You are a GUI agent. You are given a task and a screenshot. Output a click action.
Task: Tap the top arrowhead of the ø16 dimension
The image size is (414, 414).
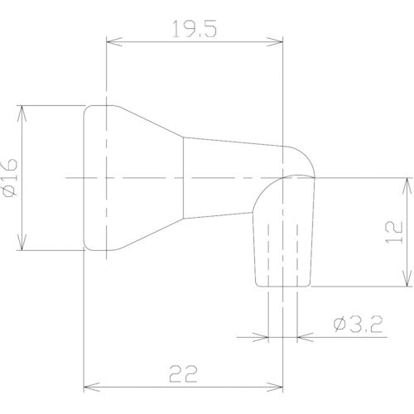23,109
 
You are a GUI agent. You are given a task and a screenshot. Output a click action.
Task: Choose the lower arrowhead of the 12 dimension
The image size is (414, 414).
407,282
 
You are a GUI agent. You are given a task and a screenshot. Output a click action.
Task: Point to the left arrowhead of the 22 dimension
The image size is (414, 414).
91,385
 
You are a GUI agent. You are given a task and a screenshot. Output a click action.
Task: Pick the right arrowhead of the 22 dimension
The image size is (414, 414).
279,385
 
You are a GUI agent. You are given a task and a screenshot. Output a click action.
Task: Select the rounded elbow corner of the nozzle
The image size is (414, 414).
305,156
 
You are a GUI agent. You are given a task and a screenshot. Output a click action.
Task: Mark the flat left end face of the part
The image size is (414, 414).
85,177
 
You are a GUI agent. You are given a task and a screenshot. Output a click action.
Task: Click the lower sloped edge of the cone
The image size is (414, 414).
149,233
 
